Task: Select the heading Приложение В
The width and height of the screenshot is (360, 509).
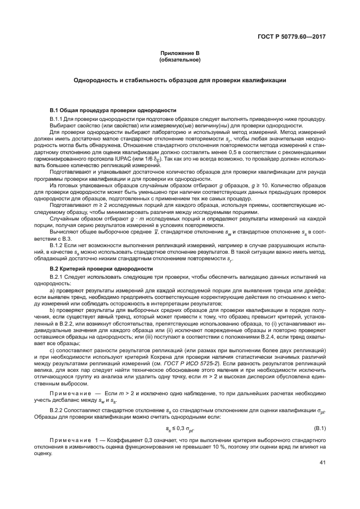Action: coord(180,53)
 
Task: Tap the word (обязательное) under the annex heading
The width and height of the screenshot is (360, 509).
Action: coord(180,59)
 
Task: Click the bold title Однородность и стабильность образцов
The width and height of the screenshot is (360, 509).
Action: coord(180,80)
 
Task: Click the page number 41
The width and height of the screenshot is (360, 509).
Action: coord(322,463)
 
